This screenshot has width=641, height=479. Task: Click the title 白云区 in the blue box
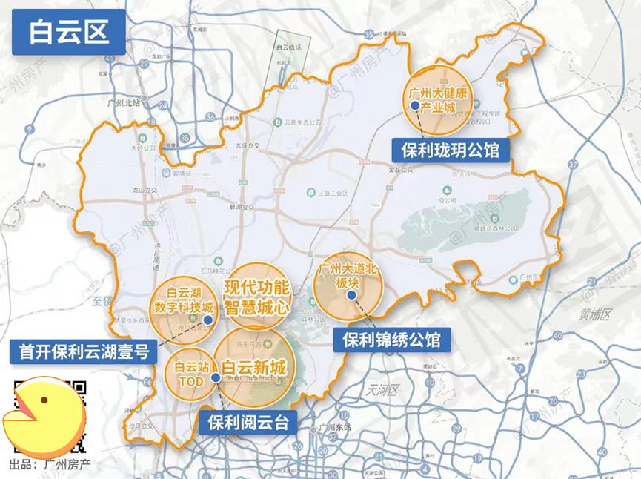tap(67, 33)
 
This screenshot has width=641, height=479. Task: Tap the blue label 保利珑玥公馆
tap(450, 151)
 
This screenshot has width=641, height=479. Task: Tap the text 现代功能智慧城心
tap(256, 295)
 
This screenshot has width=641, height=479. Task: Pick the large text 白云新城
tap(254, 368)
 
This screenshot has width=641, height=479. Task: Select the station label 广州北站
tap(123, 103)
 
